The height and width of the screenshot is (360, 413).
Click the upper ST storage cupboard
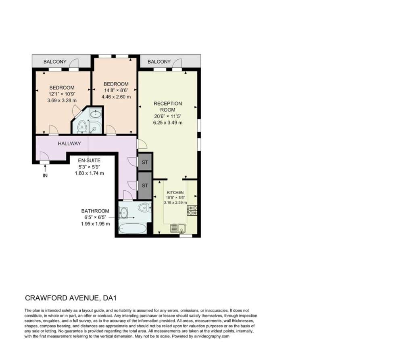(x=145, y=162)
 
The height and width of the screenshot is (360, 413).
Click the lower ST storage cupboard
(x=145, y=185)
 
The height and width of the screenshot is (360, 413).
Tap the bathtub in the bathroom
(x=132, y=228)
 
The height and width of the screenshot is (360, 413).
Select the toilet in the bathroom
(x=144, y=208)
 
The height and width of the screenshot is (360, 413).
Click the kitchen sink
(x=178, y=228)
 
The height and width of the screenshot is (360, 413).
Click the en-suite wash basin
(x=95, y=114)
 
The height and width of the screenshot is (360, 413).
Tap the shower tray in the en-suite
(x=94, y=127)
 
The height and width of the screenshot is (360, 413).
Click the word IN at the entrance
(x=45, y=175)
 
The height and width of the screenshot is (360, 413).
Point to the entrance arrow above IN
(x=45, y=168)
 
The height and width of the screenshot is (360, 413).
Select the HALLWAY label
(x=69, y=144)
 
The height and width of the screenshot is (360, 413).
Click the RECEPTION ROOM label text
(x=168, y=107)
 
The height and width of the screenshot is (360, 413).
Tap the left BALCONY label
(x=55, y=62)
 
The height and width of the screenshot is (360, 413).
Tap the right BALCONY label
(x=159, y=62)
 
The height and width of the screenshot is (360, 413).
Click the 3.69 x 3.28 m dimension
(x=62, y=100)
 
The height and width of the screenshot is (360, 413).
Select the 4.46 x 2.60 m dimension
(x=116, y=97)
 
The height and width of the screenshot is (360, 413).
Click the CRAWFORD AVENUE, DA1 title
(x=71, y=298)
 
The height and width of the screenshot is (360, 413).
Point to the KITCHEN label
(x=175, y=193)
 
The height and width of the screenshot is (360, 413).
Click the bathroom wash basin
(x=123, y=213)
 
